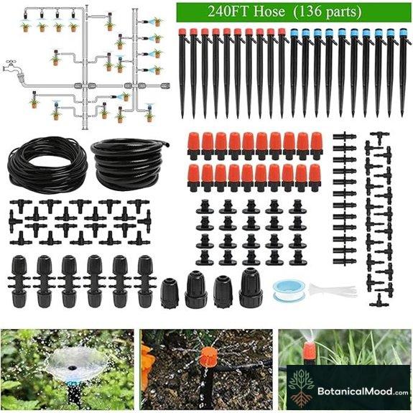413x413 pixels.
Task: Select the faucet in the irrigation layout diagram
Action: tap(11, 67)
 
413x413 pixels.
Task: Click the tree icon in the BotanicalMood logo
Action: tap(302, 382)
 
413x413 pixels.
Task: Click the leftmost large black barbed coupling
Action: tap(19, 279)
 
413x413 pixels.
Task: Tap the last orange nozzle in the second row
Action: tap(315, 175)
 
